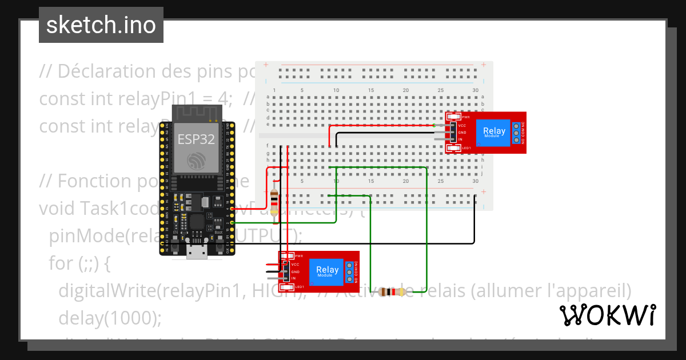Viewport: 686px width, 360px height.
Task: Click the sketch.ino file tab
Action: click(x=101, y=25)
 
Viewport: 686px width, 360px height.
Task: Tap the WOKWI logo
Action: click(x=607, y=315)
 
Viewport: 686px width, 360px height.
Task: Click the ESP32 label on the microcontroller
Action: click(x=196, y=139)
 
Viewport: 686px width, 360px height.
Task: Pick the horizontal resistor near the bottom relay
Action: click(x=391, y=292)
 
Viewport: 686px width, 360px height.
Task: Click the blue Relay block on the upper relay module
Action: click(x=493, y=132)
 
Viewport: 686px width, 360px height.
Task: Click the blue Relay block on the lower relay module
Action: click(x=327, y=271)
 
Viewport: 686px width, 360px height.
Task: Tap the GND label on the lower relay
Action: click(x=295, y=271)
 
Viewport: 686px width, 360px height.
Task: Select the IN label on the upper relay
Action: click(x=461, y=139)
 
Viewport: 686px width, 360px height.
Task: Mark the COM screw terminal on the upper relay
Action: click(x=516, y=133)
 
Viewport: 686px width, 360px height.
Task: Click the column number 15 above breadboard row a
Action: click(x=371, y=91)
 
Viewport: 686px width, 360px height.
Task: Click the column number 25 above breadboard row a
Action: click(x=440, y=91)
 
